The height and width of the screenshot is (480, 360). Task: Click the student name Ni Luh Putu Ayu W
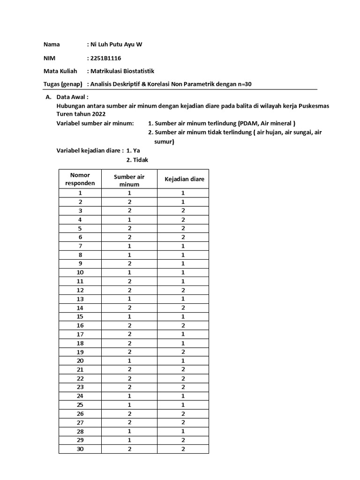tap(116, 45)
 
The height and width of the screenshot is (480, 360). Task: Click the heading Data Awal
tap(72, 97)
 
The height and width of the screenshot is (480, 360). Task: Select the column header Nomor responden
tap(80, 179)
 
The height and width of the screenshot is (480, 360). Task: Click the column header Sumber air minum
tap(129, 180)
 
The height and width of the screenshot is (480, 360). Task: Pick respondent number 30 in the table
tap(80, 449)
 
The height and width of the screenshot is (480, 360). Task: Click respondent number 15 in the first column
tap(80, 316)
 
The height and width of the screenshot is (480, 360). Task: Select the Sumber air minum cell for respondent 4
tap(129, 219)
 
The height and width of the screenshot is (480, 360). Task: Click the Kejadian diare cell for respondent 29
tap(183, 440)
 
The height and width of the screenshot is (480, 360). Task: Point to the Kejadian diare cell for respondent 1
tap(183, 193)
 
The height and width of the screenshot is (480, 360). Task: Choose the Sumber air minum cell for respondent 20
tap(129, 360)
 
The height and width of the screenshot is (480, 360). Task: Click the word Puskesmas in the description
tap(313, 106)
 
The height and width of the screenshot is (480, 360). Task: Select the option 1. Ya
tap(134, 150)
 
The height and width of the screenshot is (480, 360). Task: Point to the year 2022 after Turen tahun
tap(98, 114)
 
